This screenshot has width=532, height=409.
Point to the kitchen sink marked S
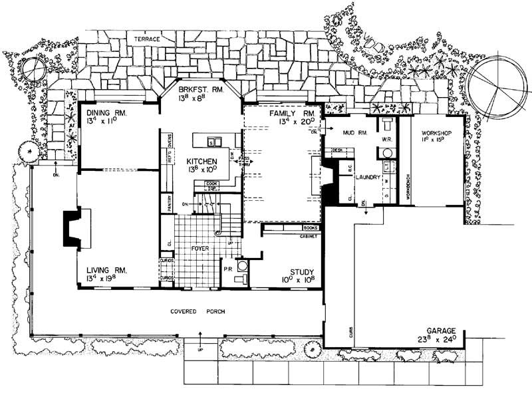[211, 142]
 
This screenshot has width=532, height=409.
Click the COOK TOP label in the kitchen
[212, 186]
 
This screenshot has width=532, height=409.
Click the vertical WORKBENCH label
[408, 190]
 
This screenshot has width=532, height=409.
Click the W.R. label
[385, 139]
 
